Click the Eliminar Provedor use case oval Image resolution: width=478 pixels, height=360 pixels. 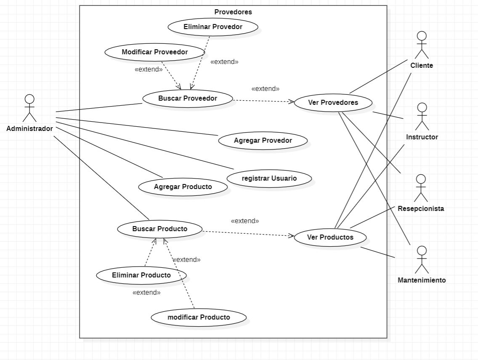pyautogui.click(x=212, y=27)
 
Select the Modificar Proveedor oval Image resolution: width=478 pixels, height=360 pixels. pyautogui.click(x=154, y=52)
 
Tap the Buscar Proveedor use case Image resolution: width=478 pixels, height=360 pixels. pyautogui.click(x=188, y=99)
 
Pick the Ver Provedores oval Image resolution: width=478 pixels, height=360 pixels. pyautogui.click(x=333, y=103)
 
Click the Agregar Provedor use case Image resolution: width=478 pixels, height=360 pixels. pyautogui.click(x=263, y=141)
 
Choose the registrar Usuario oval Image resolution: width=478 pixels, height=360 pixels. pyautogui.click(x=269, y=178)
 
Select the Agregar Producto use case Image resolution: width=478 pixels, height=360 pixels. pyautogui.click(x=183, y=187)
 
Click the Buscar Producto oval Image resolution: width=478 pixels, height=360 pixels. pyautogui.click(x=159, y=229)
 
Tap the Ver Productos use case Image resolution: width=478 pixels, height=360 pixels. pyautogui.click(x=330, y=237)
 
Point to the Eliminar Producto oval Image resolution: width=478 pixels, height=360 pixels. pyautogui.click(x=141, y=275)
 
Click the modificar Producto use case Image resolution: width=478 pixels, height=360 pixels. pyautogui.click(x=199, y=317)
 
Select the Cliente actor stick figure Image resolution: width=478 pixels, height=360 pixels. pyautogui.click(x=421, y=45)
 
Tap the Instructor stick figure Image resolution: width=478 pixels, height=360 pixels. pyautogui.click(x=422, y=116)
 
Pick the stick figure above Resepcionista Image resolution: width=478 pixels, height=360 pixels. pyautogui.click(x=421, y=188)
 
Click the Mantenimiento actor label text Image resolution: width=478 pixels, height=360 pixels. pyautogui.click(x=422, y=280)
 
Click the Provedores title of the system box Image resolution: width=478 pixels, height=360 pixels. pyautogui.click(x=233, y=12)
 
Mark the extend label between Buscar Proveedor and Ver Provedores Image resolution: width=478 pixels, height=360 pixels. pyautogui.click(x=265, y=89)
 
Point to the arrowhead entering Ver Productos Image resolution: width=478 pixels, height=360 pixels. pyautogui.click(x=291, y=236)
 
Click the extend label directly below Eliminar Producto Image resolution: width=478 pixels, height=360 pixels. pyautogui.click(x=146, y=293)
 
